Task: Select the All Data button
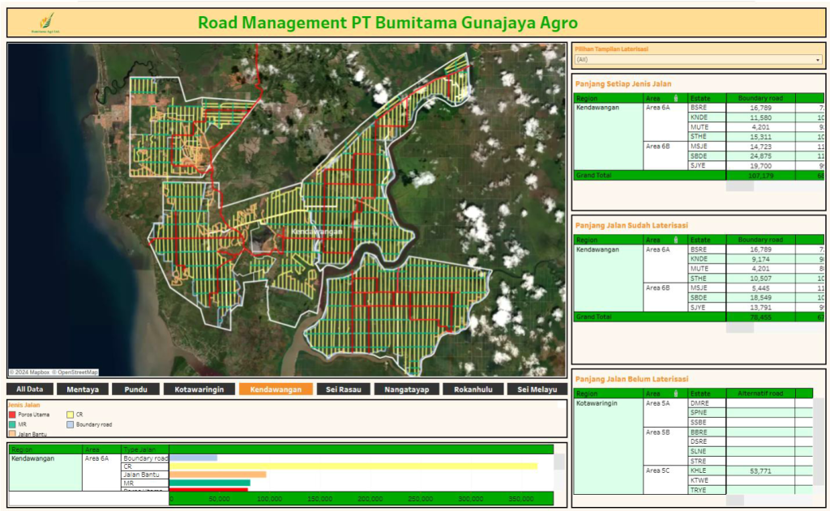pos(30,389)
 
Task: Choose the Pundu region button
pos(135,389)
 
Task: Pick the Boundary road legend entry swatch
pos(71,424)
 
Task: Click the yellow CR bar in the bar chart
pos(353,466)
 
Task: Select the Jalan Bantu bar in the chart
pos(217,475)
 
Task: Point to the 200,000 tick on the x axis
pos(370,499)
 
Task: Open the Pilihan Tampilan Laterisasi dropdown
pos(697,59)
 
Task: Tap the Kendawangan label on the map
pos(317,232)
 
